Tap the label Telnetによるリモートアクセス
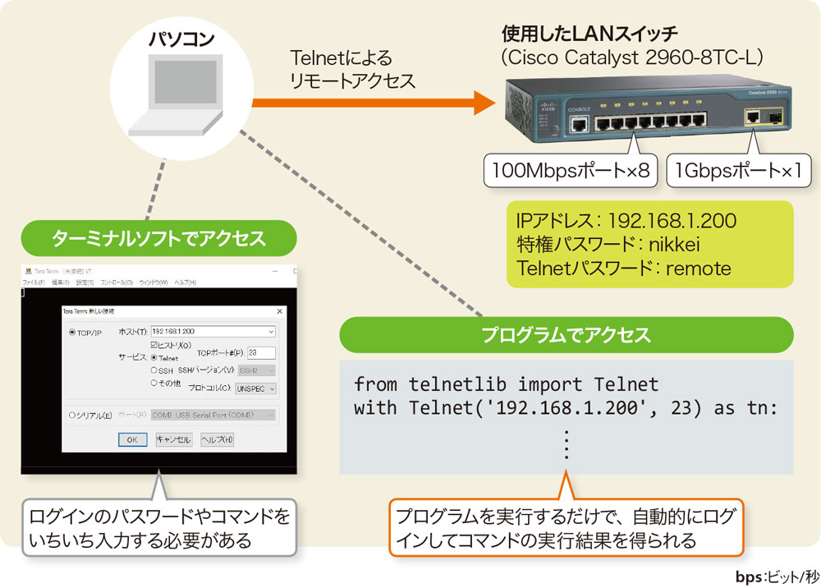point(352,70)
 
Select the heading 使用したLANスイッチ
point(589,34)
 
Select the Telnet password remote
point(699,268)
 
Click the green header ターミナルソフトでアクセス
point(158,239)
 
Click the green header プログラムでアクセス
point(566,335)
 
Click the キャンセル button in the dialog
point(173,439)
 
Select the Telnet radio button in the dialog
point(154,358)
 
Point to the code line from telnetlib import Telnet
point(506,384)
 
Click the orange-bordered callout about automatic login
point(566,528)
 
